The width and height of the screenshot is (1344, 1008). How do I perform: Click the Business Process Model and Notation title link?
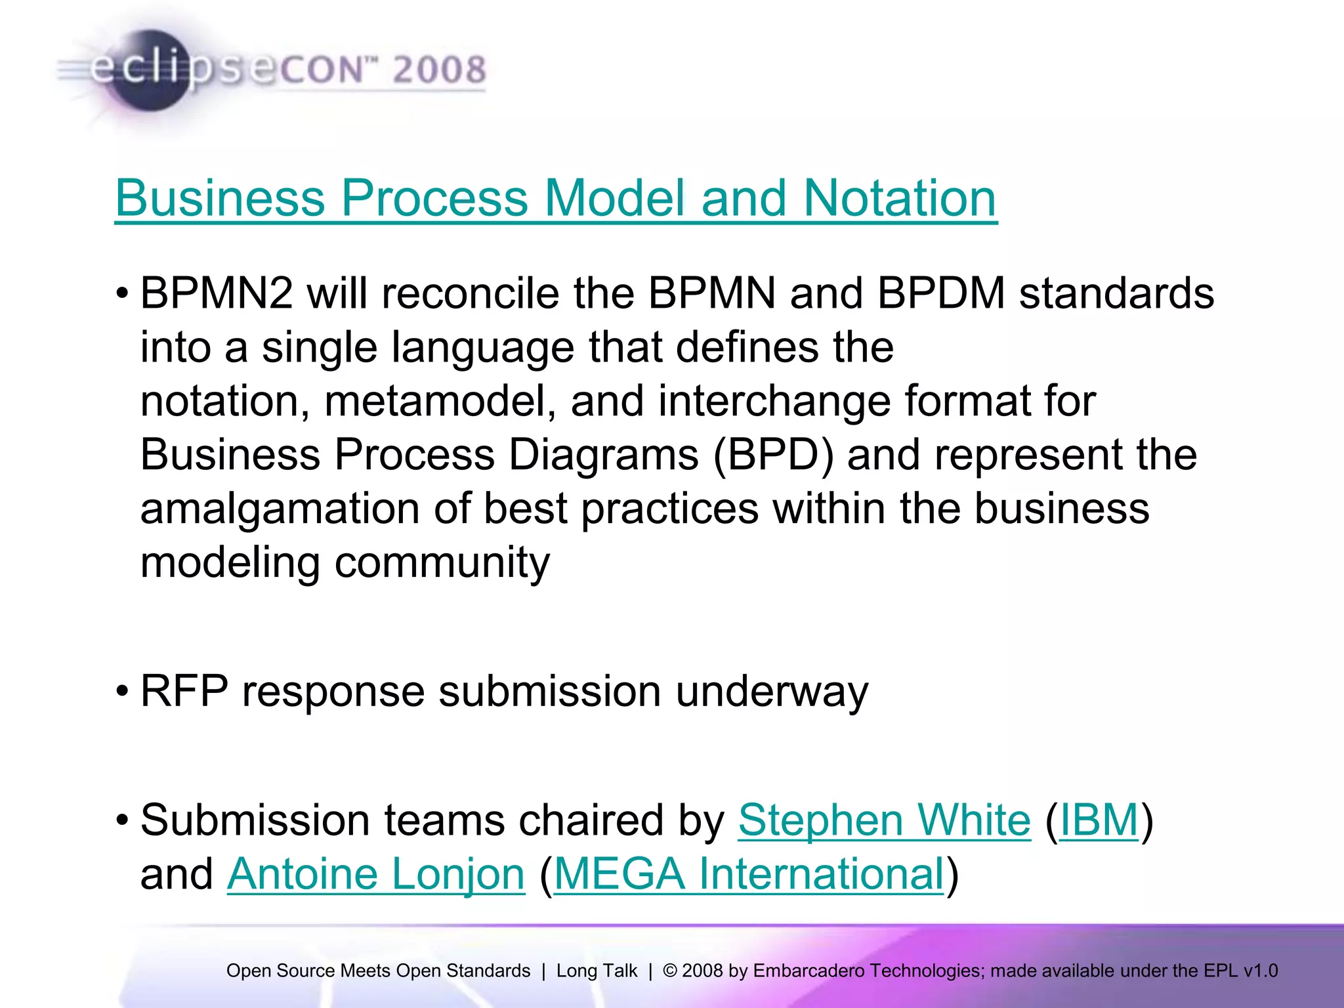[556, 198]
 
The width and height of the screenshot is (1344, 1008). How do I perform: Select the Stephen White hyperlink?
[884, 820]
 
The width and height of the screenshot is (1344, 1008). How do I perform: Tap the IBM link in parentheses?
[1099, 820]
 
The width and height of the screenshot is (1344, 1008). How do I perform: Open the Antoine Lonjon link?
[376, 874]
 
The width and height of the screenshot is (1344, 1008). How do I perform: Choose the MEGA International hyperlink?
[749, 874]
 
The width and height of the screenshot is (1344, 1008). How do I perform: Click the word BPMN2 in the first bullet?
[217, 293]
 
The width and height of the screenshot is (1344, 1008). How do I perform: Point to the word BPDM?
[941, 293]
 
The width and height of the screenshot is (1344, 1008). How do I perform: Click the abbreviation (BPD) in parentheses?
[773, 454]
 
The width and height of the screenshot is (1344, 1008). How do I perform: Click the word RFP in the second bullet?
[184, 691]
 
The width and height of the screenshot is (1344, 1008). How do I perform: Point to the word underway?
[772, 692]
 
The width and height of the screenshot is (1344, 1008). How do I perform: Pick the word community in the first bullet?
[442, 563]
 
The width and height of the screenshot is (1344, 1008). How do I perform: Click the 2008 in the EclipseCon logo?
[439, 70]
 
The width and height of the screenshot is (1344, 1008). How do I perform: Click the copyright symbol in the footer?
[670, 971]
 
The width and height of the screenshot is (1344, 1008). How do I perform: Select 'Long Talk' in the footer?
[597, 971]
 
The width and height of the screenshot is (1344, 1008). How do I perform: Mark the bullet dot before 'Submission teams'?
[122, 820]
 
